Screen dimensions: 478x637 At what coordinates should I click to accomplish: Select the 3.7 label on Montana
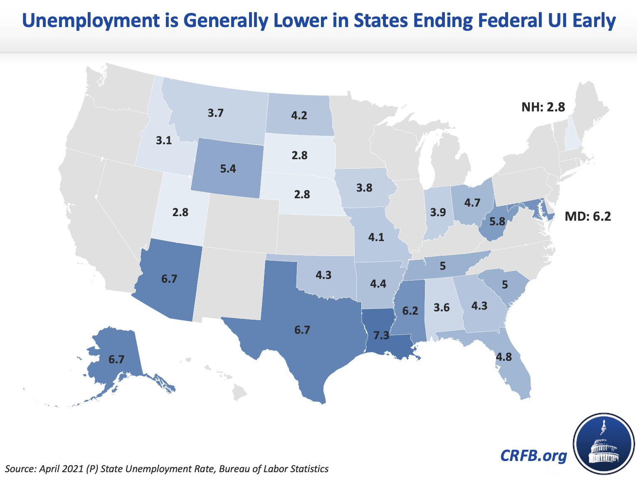(216, 113)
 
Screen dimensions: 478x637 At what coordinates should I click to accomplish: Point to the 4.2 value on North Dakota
(299, 115)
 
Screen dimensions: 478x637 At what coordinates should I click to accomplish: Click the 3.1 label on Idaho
(164, 141)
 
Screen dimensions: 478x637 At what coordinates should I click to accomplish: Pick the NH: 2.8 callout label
(543, 107)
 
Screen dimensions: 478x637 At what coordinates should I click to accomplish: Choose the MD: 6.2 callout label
(588, 217)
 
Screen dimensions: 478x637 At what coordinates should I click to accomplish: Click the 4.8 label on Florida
(504, 357)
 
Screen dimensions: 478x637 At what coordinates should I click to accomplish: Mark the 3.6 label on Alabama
(441, 308)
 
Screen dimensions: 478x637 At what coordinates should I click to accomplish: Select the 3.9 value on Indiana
(438, 212)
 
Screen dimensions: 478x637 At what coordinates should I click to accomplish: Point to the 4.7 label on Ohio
(472, 203)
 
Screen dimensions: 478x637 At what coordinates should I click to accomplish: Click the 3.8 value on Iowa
(364, 188)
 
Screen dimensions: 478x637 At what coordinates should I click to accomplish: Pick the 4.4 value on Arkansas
(378, 284)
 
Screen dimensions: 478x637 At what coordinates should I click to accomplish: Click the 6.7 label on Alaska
(116, 359)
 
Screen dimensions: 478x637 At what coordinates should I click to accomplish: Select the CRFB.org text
(533, 456)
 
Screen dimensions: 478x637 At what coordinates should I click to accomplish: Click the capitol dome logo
(603, 445)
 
